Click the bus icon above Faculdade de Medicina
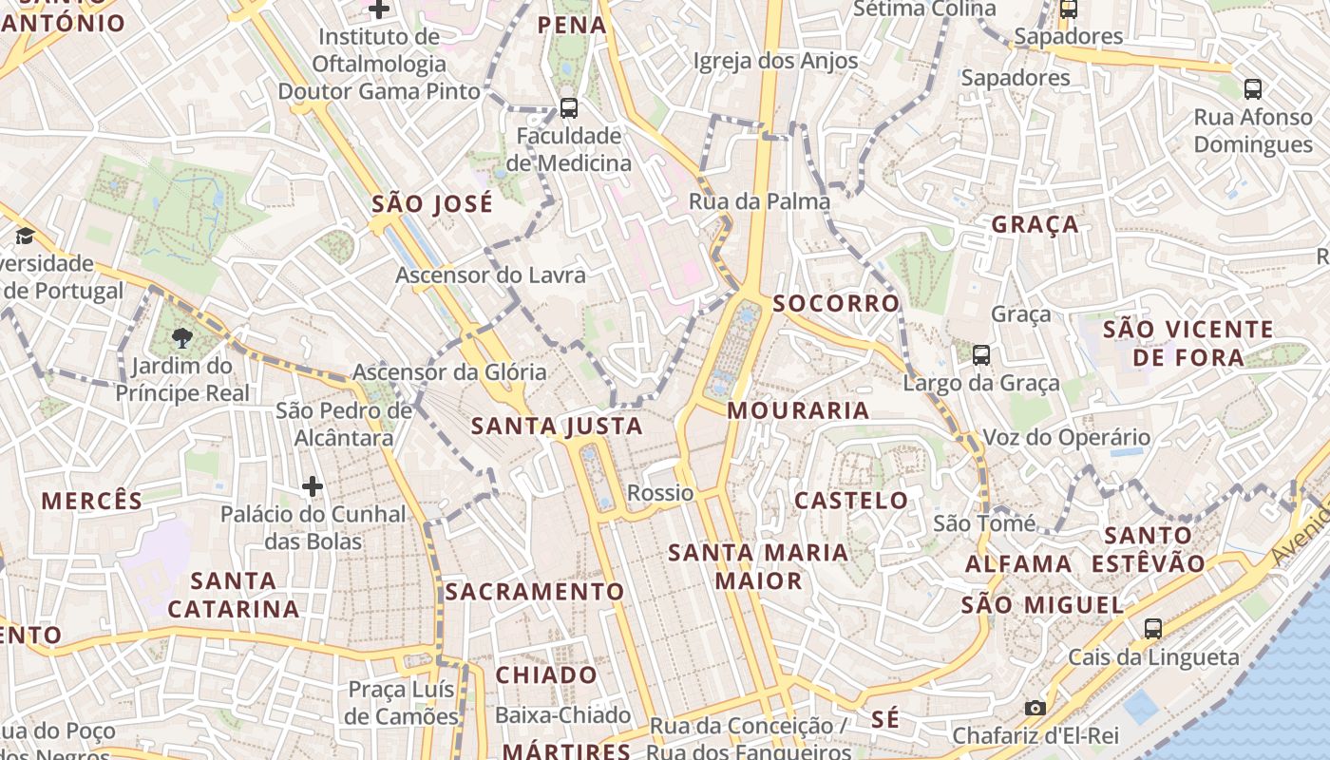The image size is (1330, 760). [x=569, y=108]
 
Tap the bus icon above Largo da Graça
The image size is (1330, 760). [x=981, y=355]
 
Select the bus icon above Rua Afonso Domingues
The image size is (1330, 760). [x=1253, y=89]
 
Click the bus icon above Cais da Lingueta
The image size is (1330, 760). [x=1153, y=628]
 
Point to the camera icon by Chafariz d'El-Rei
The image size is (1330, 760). [x=1035, y=708]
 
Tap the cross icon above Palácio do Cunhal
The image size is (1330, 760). [x=313, y=486]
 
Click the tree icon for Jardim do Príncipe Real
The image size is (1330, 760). [x=182, y=337]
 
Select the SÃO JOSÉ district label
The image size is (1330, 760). [x=432, y=204]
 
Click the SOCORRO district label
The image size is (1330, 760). [x=836, y=303]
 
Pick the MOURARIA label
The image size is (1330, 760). [x=799, y=410]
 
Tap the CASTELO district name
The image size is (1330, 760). [x=851, y=500]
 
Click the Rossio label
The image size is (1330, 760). [x=660, y=493]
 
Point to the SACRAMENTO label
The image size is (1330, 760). [x=535, y=592]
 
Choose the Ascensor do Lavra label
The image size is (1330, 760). [x=490, y=275]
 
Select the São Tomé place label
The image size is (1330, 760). [x=984, y=523]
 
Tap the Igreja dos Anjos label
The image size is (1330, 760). [x=775, y=62]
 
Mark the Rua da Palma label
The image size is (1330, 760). [x=759, y=201]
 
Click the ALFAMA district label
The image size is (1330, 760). [x=1018, y=564]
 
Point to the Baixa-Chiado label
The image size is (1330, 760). [x=563, y=715]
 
